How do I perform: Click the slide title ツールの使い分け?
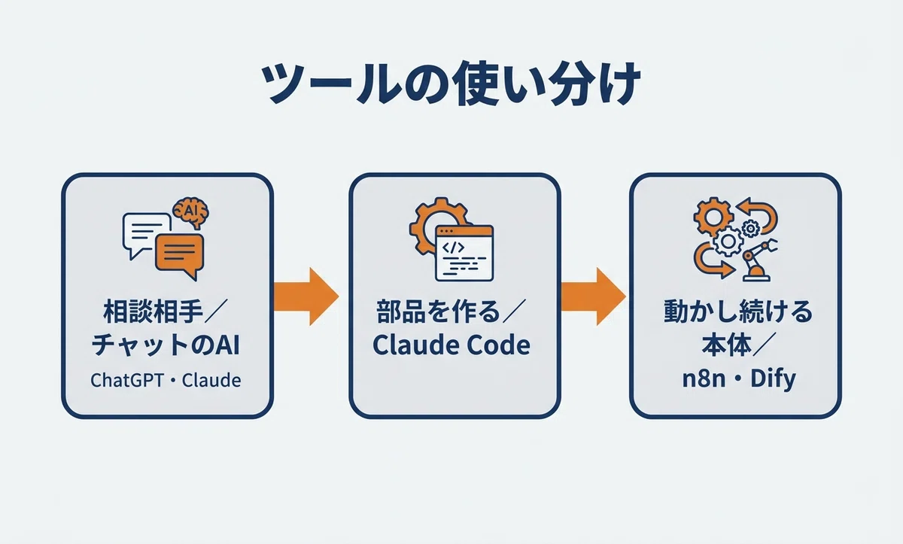tap(451, 84)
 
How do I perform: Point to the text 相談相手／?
tap(166, 312)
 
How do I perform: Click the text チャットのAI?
tap(166, 345)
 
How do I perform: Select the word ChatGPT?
tap(127, 380)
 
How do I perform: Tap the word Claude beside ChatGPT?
tap(211, 380)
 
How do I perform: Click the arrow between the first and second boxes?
tap(306, 296)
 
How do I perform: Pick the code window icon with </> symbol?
tap(464, 253)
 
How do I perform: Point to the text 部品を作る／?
tap(451, 312)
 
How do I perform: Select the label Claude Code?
tap(451, 345)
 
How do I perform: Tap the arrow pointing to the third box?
tap(594, 296)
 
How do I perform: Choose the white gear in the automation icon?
tap(728, 242)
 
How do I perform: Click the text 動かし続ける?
tap(738, 312)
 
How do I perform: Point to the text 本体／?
tap(737, 345)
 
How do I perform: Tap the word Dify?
tap(773, 379)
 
